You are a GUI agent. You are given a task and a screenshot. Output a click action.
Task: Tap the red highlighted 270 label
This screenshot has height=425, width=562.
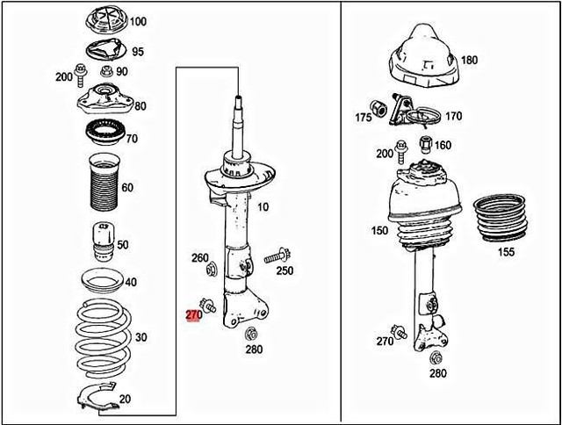click(194, 313)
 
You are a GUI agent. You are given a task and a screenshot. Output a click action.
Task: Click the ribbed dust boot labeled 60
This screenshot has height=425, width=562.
click(104, 187)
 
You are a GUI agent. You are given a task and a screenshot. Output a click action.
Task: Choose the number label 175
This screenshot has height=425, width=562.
click(363, 117)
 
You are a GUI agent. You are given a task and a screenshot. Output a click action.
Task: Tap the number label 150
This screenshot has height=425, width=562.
click(378, 230)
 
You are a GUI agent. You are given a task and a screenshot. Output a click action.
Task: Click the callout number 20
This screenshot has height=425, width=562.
click(125, 399)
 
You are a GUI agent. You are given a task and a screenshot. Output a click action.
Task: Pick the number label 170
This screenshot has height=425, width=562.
click(453, 115)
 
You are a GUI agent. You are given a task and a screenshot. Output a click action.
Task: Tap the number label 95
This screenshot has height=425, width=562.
click(138, 51)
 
